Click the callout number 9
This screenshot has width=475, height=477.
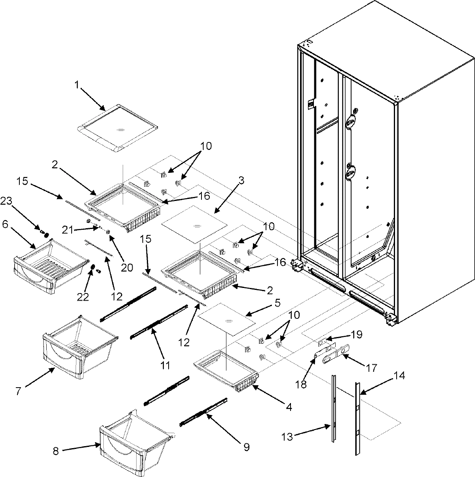tap(246, 447)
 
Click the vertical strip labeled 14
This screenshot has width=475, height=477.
tap(357, 423)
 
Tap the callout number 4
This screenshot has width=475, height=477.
tap(289, 407)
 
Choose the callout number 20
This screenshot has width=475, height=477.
tap(127, 267)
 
